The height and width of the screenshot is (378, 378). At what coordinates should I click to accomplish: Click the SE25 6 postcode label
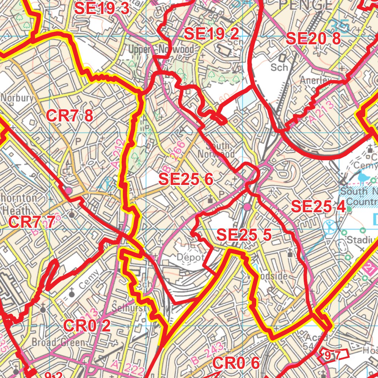(186, 179)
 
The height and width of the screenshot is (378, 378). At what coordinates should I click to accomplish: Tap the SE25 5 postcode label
(244, 235)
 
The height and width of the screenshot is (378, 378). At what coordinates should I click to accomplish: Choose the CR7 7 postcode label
(32, 222)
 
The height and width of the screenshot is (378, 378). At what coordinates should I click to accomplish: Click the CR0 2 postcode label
(87, 326)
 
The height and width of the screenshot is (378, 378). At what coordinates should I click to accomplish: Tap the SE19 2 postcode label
(211, 34)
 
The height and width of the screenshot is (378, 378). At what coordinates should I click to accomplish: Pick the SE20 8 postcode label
(313, 38)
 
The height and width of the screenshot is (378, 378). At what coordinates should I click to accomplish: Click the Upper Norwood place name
(161, 49)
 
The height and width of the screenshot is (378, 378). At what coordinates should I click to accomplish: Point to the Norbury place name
(17, 98)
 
